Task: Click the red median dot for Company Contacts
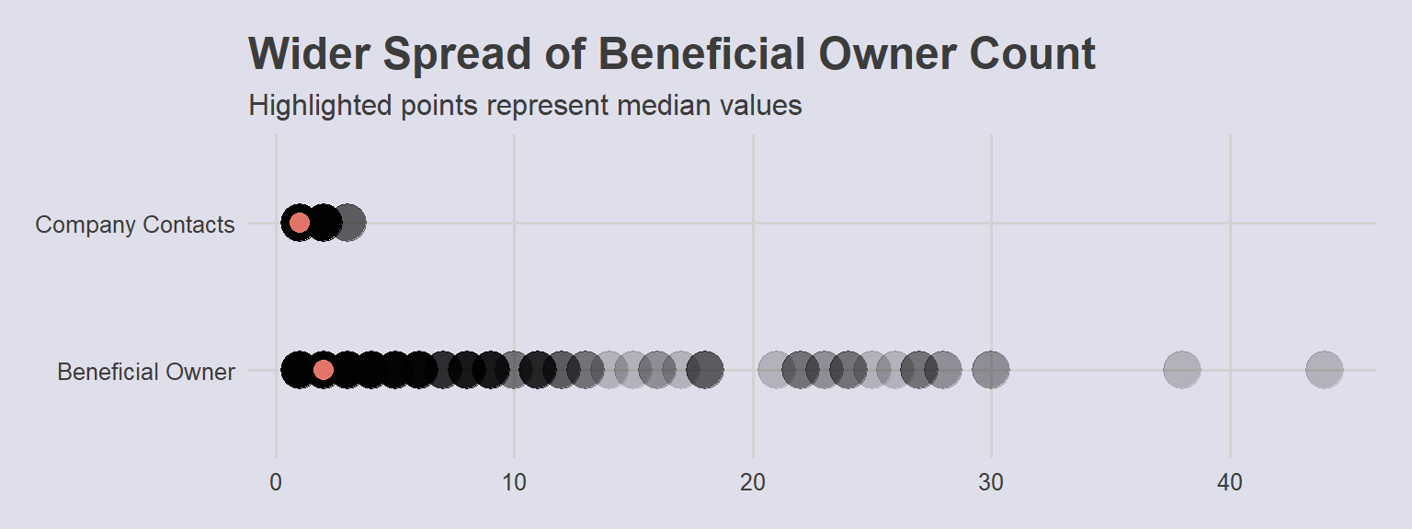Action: click(x=300, y=223)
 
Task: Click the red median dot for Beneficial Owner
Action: click(x=324, y=370)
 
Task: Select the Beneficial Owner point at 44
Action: click(x=1325, y=370)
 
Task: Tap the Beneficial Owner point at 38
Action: click(x=1182, y=370)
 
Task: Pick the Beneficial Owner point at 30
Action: click(x=991, y=370)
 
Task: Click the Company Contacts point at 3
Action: click(x=347, y=223)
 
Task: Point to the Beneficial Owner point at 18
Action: click(x=705, y=370)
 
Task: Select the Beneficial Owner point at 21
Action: click(x=777, y=370)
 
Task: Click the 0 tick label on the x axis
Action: click(x=276, y=483)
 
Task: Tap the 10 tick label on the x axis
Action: click(x=514, y=483)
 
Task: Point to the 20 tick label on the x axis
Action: click(x=753, y=483)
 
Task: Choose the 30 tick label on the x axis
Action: click(x=991, y=483)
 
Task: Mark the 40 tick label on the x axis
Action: click(x=1230, y=483)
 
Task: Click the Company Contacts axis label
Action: click(x=135, y=225)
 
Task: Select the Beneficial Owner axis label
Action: click(x=146, y=372)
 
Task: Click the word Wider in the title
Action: click(x=310, y=53)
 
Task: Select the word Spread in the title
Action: click(x=457, y=55)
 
